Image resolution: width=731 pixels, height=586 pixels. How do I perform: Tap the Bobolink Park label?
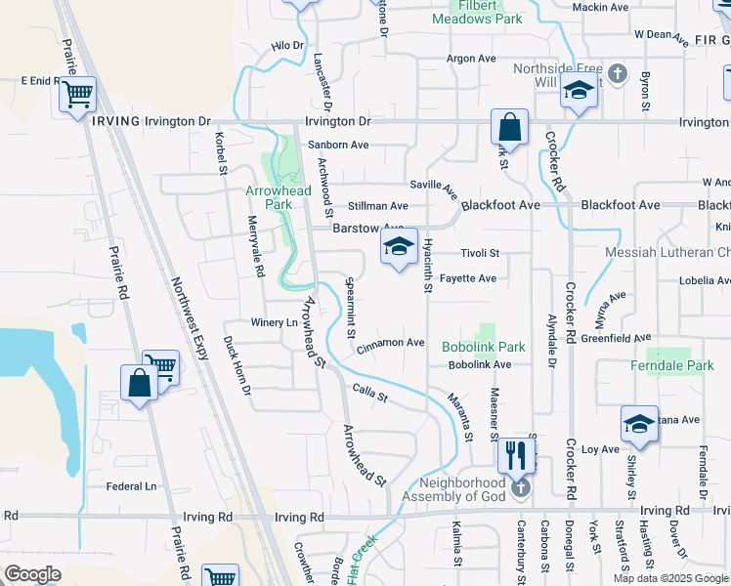click(483, 347)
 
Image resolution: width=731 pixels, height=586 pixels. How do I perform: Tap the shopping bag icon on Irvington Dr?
click(509, 127)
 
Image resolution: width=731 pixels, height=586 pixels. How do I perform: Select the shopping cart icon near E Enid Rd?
click(77, 96)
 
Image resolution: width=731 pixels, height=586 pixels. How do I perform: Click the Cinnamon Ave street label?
click(391, 343)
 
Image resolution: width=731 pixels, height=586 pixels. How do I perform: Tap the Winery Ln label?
click(275, 322)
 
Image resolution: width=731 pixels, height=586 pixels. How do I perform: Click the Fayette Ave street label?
click(467, 278)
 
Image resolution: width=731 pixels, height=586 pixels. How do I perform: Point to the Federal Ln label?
click(131, 486)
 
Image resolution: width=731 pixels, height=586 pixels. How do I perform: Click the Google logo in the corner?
click(32, 573)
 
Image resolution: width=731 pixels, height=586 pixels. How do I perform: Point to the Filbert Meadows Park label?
click(478, 12)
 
